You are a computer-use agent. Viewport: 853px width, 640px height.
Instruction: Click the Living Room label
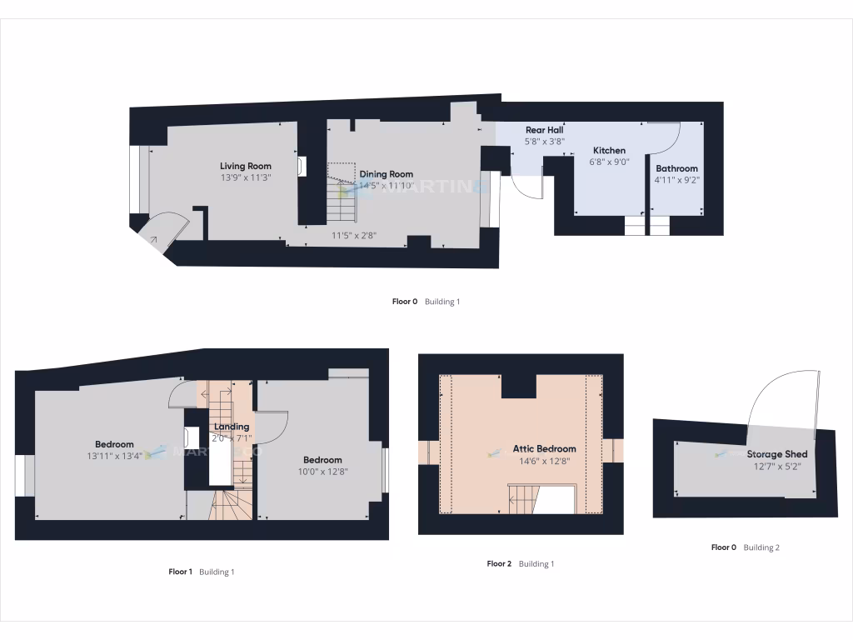246,166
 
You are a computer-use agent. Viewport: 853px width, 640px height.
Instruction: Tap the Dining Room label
386,174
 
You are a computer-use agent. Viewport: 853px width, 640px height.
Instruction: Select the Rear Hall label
544,130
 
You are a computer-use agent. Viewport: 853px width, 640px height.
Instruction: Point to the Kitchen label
609,151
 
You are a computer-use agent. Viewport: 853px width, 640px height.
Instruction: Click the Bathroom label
676,168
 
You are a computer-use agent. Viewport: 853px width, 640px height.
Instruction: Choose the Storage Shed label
776,454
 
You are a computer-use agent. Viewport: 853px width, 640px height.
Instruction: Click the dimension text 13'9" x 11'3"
246,177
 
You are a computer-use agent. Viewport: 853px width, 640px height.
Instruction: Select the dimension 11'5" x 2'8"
354,236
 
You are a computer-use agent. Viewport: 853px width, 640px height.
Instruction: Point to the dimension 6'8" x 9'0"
609,162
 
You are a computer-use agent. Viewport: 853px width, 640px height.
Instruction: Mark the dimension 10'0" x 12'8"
322,472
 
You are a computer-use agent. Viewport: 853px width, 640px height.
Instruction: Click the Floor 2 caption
499,564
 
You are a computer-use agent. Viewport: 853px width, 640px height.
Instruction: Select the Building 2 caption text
761,547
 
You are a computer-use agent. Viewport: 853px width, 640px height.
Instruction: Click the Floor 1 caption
181,572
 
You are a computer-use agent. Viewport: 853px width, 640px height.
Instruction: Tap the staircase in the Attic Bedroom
522,498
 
